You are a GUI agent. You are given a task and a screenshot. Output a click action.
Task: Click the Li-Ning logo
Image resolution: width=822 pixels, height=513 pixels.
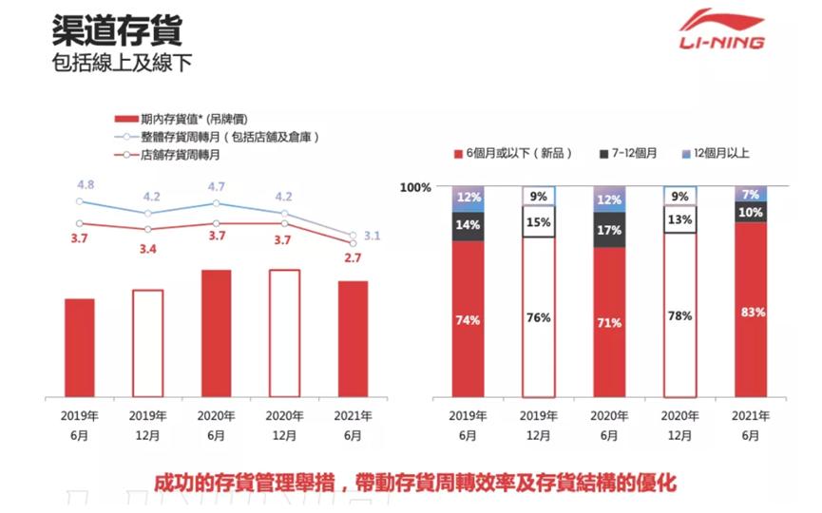click(720, 29)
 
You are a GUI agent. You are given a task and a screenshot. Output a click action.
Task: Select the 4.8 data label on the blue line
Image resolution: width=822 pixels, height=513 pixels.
click(86, 184)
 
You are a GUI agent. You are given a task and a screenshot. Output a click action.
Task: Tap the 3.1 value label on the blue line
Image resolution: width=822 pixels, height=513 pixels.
click(372, 236)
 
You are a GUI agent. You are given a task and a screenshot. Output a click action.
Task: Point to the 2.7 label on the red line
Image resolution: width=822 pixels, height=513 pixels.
click(353, 257)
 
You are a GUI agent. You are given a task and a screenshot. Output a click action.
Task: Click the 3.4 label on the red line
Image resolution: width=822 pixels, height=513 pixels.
click(149, 251)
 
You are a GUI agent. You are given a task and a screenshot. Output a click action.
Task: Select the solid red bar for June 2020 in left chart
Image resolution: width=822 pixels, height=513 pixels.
click(216, 332)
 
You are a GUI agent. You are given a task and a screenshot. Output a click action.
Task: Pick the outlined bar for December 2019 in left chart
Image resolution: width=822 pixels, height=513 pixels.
click(148, 342)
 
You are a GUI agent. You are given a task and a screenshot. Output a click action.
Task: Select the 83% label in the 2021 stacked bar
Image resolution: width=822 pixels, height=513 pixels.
click(752, 312)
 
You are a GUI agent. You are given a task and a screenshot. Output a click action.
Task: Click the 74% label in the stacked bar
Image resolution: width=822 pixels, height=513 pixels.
click(467, 320)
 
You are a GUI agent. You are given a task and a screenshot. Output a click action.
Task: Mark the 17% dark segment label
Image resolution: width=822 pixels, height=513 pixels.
click(609, 231)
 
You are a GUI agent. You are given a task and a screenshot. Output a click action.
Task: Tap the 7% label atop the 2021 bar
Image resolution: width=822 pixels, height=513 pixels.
click(752, 194)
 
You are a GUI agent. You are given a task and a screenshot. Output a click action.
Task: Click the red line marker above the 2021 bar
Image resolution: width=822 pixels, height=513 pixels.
click(353, 242)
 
